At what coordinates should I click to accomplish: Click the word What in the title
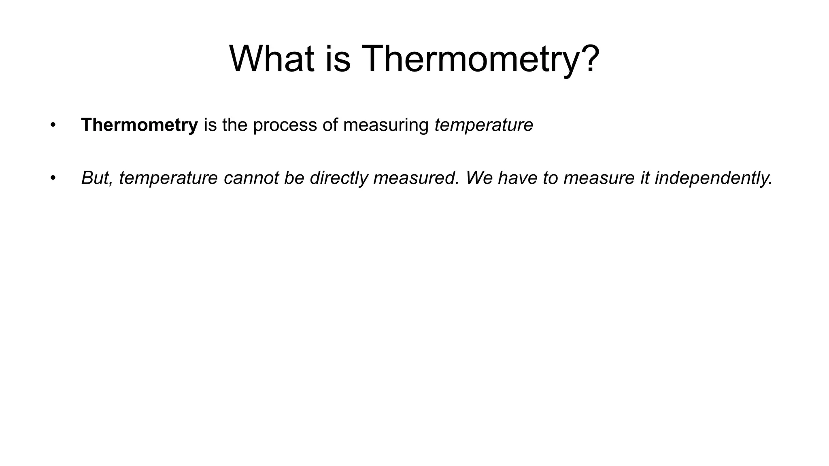(x=272, y=59)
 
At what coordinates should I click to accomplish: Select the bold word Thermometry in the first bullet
(x=139, y=125)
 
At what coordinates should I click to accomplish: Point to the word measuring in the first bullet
(x=386, y=125)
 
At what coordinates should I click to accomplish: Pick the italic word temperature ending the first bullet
(x=484, y=125)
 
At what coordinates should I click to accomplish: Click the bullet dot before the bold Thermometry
(x=52, y=125)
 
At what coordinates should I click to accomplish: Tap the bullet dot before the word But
(x=52, y=178)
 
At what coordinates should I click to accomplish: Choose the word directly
(x=339, y=178)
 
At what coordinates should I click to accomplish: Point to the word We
(x=479, y=178)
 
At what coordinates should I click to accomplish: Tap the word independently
(x=714, y=178)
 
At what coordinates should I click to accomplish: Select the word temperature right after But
(x=168, y=178)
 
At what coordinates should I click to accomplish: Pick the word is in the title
(x=338, y=59)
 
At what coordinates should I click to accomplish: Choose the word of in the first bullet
(x=330, y=125)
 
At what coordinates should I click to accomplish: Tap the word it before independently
(x=644, y=178)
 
